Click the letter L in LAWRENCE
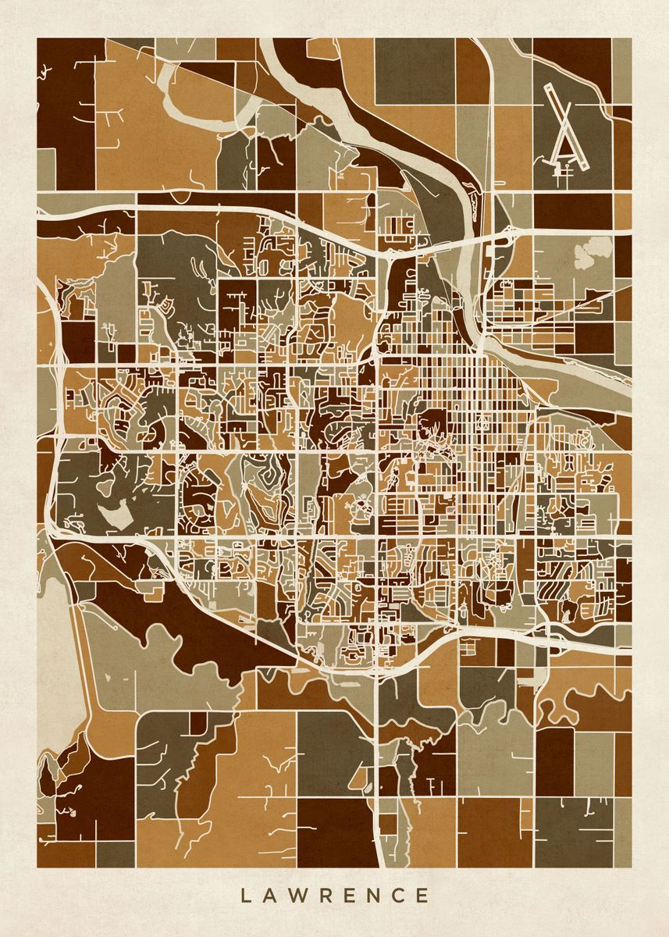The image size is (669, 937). pos(244,894)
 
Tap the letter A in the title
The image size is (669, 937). pos(269,894)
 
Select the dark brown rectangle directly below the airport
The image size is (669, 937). pos(571,210)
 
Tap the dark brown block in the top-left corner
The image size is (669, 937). pos(66,102)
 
